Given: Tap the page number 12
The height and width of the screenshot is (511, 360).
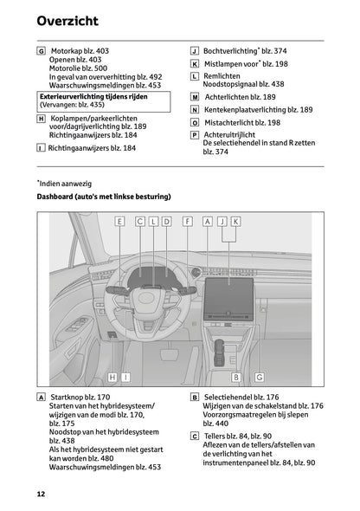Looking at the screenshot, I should point(41,494).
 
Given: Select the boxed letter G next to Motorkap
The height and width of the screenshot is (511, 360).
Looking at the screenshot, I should point(42,51).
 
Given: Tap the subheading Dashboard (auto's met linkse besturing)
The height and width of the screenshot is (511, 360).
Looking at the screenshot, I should point(103,197).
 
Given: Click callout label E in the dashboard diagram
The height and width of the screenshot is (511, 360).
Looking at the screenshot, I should point(119,222).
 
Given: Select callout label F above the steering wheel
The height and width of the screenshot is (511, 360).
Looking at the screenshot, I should point(187,222).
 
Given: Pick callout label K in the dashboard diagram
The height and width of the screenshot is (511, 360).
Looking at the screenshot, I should point(235,222).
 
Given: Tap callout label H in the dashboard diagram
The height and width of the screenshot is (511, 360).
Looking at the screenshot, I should point(113,377).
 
